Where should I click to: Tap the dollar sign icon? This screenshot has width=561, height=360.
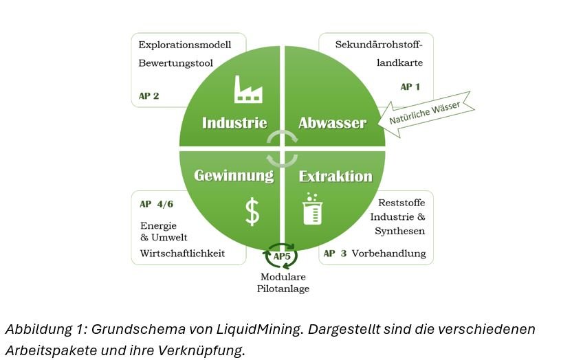pos(252,212)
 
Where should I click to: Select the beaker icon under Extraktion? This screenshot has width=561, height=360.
pos(312,210)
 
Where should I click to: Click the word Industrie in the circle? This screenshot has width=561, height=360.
pos(234,124)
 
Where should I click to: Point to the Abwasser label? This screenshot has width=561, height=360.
pos(332,124)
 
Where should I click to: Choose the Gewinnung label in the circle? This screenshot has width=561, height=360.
pos(234,175)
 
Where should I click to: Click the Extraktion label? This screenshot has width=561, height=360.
pos(335,176)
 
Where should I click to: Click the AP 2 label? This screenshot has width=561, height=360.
pos(148,96)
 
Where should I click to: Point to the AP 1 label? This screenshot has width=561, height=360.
pos(410,87)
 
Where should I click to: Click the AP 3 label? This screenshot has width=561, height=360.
pos(335,254)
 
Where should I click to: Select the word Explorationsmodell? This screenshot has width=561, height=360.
pos(184,45)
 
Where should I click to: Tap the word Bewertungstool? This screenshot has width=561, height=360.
pos(176,63)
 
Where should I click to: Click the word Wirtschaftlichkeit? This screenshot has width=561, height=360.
pos(182,254)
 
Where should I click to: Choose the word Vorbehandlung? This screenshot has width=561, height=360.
pos(388,254)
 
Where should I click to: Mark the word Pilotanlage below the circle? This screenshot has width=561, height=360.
pos(283,289)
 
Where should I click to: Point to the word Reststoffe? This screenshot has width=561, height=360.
pos(401,203)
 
